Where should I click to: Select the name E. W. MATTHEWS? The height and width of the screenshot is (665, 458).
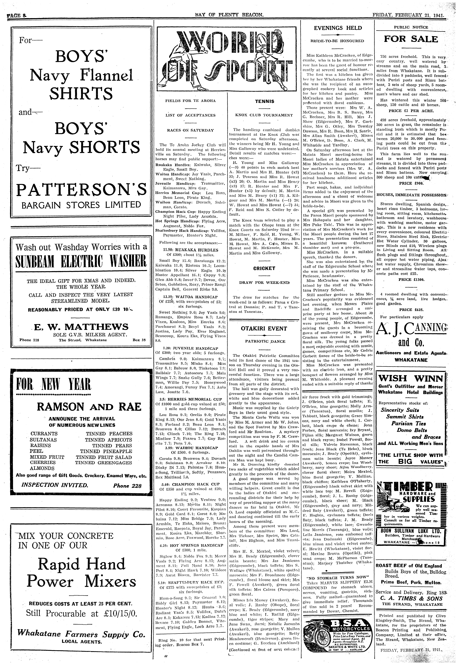tap(81, 327)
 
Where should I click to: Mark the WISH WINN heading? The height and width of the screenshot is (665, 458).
tap(411, 378)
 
